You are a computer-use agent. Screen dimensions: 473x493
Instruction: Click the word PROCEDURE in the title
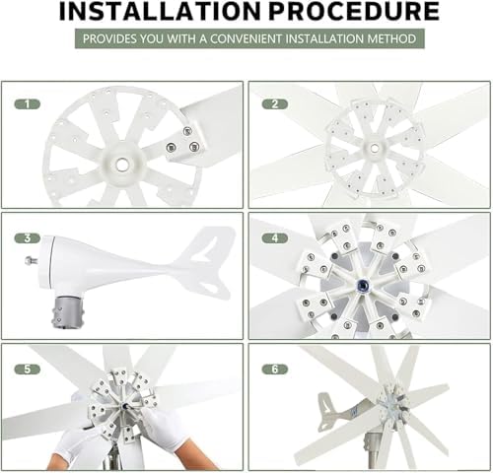(355, 11)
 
